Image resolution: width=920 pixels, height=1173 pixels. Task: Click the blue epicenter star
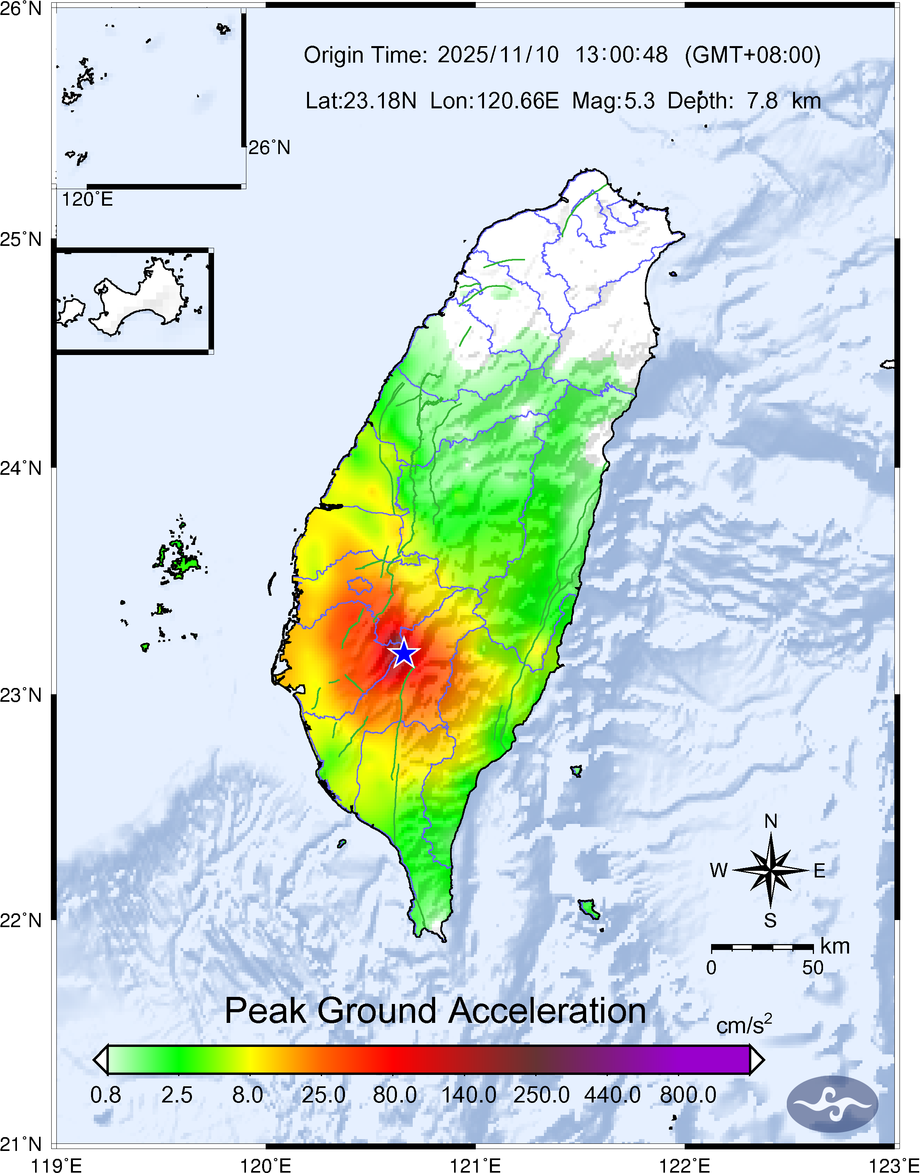(404, 654)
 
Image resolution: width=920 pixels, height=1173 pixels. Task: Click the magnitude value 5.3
(639, 100)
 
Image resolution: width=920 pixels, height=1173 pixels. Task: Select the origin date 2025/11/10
(498, 55)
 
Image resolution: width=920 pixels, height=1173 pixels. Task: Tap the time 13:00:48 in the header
(621, 55)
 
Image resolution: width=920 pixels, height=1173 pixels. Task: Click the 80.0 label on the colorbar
(395, 1095)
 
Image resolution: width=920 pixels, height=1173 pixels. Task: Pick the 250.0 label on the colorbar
(541, 1095)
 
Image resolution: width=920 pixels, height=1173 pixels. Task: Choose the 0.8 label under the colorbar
(106, 1095)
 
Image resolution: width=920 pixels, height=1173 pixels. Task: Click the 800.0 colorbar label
(688, 1095)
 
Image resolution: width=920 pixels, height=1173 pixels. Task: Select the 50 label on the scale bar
(812, 968)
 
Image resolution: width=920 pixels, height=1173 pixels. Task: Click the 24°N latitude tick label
(21, 468)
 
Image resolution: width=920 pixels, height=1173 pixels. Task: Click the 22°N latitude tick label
(21, 920)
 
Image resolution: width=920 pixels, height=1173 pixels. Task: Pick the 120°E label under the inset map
(87, 200)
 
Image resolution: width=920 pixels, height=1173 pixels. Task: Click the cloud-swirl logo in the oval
(832, 1104)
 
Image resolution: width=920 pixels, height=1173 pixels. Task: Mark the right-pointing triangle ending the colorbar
(757, 1060)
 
